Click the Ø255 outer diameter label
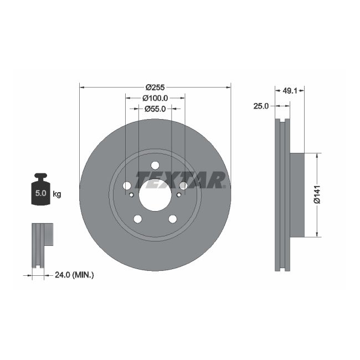(x=155, y=87)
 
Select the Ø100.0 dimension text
(x=155, y=98)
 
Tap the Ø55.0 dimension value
(x=155, y=109)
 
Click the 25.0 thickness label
(x=261, y=106)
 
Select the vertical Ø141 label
(x=317, y=194)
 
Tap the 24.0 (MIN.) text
(x=75, y=274)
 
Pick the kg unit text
(x=56, y=194)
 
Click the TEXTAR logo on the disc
(x=181, y=179)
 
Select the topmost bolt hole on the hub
(x=155, y=165)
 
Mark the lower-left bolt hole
(x=138, y=219)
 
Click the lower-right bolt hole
(x=172, y=219)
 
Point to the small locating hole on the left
(x=131, y=194)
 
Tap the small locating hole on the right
(x=179, y=194)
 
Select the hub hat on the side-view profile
(x=297, y=194)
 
